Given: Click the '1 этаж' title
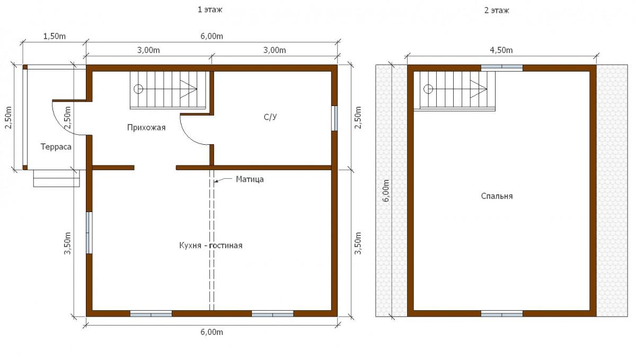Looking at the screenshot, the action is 210,10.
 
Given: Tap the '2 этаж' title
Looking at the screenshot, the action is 497,11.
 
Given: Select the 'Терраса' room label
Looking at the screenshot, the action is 56,147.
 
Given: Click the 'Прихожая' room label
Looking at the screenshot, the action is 146,127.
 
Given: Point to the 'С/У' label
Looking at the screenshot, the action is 270,117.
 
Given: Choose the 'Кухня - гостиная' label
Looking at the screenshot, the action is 211,245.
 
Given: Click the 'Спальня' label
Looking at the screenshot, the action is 497,196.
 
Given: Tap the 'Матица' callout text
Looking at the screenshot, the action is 250,179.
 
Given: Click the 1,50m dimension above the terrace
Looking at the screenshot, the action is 54,36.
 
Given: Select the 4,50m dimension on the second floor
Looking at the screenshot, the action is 501,50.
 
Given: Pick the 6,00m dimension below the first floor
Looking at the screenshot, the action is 212,332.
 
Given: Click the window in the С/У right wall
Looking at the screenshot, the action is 334,118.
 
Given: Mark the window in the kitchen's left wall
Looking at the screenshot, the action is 89,233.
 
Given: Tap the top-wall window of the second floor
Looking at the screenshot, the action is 502,68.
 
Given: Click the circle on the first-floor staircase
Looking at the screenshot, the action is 138,89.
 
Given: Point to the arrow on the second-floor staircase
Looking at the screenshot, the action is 479,89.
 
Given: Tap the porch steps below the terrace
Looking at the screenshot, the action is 57,178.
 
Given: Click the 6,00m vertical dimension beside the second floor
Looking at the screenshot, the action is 386,191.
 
